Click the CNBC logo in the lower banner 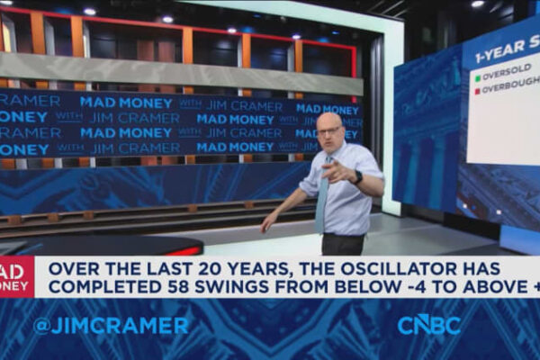pos(428,325)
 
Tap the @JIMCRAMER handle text pos(112,326)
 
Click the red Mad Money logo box pos(16,277)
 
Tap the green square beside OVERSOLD pos(478,77)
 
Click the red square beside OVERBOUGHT pos(478,92)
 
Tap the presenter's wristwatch pos(357,177)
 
